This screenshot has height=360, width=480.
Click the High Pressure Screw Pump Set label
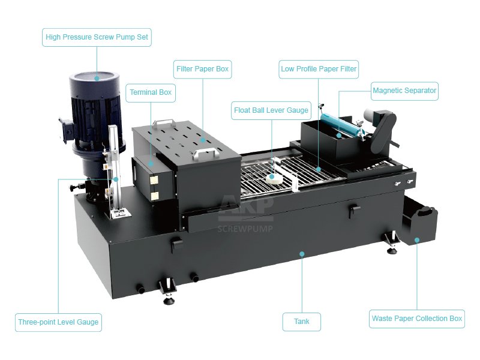[97, 37]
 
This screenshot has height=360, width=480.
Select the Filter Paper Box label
[203, 69]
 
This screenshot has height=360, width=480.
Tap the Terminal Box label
[151, 93]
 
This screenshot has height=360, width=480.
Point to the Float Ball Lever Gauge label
[271, 110]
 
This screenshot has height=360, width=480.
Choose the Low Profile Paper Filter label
[319, 69]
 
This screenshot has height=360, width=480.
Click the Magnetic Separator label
[404, 91]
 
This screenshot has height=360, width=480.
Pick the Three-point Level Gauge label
[58, 322]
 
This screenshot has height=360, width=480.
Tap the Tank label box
[302, 322]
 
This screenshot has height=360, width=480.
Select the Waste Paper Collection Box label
[416, 319]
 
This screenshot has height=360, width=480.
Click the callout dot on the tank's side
[302, 254]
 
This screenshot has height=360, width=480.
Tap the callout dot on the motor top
[97, 78]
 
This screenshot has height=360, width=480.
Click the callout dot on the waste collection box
[416, 239]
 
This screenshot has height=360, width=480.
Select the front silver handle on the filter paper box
[205, 153]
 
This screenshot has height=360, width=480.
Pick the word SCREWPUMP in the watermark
[245, 229]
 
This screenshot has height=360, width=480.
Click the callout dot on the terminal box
[151, 164]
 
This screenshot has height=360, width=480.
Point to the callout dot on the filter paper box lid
[203, 140]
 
